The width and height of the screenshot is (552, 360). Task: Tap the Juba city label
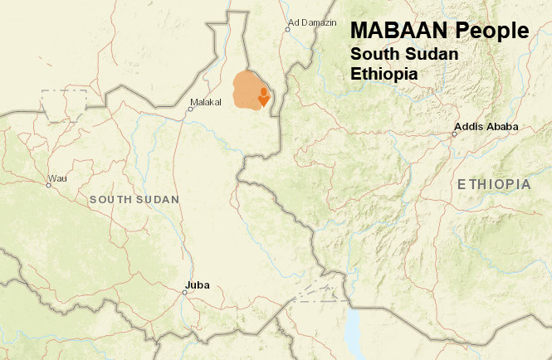coord(198,285)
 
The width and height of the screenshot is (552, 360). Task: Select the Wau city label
coord(57,178)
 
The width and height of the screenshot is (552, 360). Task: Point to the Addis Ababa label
coord(488,127)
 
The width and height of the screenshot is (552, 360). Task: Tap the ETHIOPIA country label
coord(493,184)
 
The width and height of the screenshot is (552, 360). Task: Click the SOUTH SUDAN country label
coord(134,200)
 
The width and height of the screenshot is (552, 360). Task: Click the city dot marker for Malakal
coord(190,109)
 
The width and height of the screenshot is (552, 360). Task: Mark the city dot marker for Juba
coord(185,292)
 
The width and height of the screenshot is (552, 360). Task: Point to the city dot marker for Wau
coord(49,185)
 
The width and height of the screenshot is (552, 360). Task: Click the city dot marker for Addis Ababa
coord(455,133)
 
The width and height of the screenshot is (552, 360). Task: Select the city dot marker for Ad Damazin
coord(288,29)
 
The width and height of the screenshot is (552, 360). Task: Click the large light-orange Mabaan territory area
coord(245,90)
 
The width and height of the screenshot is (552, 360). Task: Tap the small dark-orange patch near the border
coord(264,96)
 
